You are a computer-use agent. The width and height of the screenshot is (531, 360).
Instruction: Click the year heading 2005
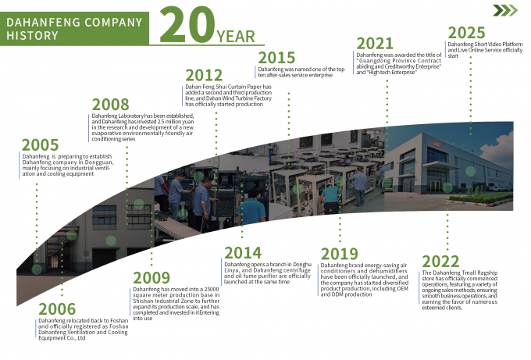tap(40, 144)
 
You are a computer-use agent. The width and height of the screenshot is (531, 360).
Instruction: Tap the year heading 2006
tap(57, 309)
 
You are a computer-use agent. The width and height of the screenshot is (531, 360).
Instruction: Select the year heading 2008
tap(111, 105)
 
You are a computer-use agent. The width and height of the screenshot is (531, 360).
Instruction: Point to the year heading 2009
tap(152, 278)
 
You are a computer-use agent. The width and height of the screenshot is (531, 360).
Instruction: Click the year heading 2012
tap(205, 75)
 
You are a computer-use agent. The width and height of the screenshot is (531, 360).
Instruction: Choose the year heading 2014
tap(244, 251)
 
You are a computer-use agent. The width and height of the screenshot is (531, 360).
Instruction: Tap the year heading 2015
tap(276, 58)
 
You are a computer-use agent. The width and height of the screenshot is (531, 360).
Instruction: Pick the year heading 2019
tap(340, 254)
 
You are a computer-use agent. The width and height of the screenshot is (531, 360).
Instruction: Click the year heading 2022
tap(440, 262)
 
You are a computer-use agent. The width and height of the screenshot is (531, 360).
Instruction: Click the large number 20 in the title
tap(185, 26)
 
